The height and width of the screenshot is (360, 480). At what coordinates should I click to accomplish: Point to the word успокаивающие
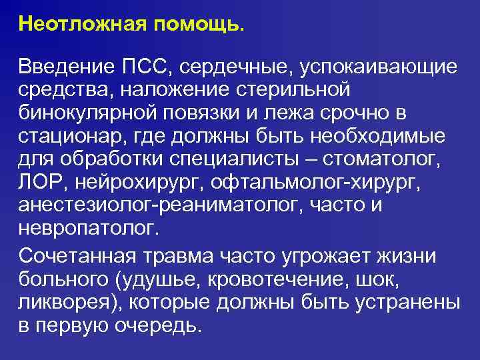(378, 67)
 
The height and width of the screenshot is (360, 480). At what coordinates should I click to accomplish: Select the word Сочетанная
(77, 255)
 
